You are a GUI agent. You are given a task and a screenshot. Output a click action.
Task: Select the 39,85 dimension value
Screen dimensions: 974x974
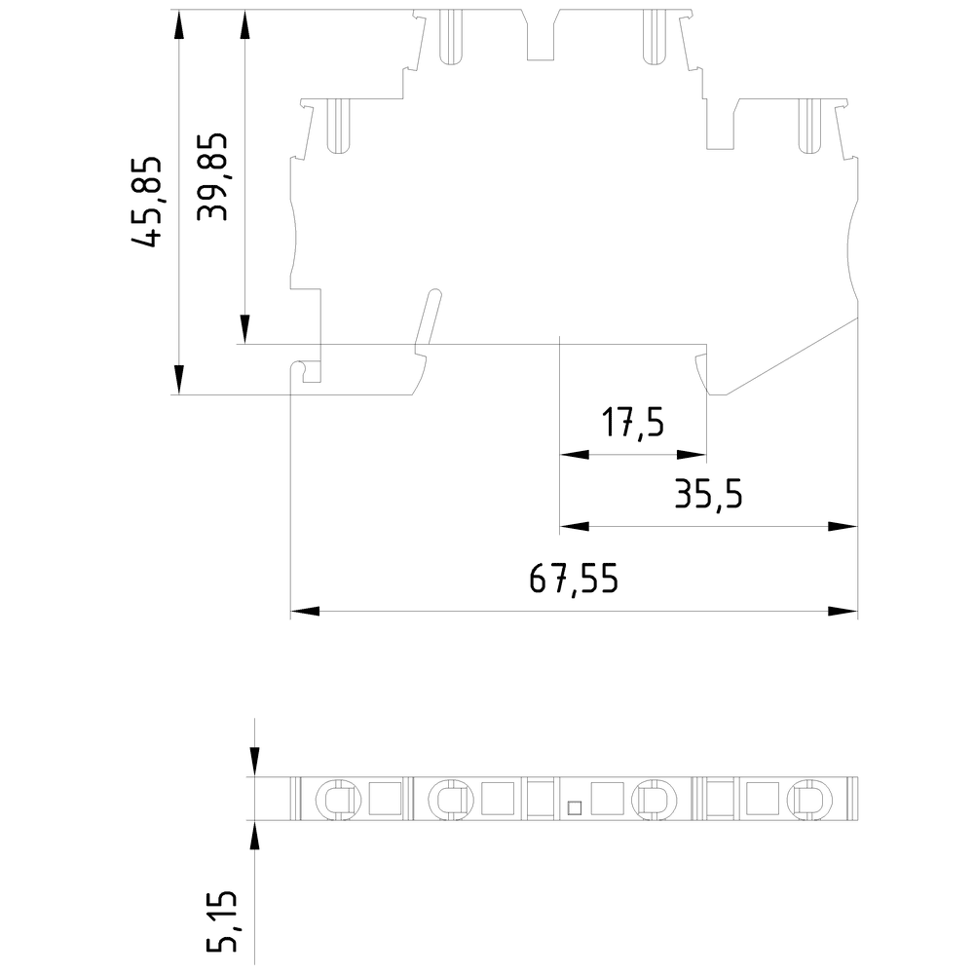point(212,176)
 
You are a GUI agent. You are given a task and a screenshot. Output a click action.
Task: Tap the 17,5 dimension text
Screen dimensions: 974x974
point(632,424)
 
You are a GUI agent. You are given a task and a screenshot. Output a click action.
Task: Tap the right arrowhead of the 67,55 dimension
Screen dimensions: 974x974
point(843,612)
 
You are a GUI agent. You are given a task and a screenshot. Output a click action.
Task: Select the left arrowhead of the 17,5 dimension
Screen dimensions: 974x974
point(574,454)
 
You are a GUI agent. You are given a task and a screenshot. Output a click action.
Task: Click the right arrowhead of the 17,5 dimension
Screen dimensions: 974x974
point(693,454)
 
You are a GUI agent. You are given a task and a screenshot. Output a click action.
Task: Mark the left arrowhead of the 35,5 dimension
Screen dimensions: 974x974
point(574,527)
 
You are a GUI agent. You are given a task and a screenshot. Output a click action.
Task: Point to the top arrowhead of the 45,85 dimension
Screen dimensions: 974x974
point(178,23)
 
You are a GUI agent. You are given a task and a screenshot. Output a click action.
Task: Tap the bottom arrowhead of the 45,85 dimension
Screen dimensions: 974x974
point(178,380)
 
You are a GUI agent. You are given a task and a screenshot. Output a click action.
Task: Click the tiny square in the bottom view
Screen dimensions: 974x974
point(575,806)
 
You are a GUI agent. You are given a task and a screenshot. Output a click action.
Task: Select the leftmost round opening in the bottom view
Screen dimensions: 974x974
point(337,800)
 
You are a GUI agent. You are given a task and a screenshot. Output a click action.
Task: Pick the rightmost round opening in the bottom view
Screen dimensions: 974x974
point(809,800)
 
